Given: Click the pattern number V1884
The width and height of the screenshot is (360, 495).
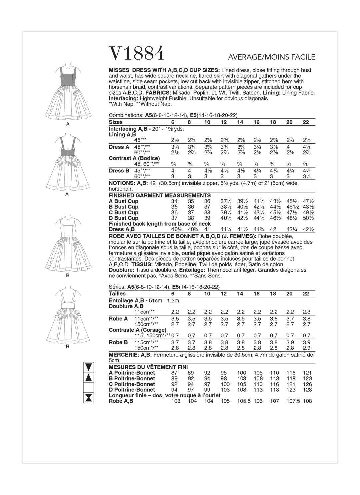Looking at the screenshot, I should click(x=137, y=53).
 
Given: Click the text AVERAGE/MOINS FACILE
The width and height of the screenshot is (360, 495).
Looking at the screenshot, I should click(x=271, y=57).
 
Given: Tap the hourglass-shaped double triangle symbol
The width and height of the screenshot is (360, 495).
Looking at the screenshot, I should click(x=89, y=397).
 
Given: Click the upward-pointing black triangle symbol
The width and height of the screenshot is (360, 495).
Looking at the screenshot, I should click(x=89, y=378).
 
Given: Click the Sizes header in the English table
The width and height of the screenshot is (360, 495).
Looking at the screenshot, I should click(x=116, y=122).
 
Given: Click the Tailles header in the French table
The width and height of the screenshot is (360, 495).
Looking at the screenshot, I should click(x=117, y=294).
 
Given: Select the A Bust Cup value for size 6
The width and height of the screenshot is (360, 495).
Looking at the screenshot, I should click(x=174, y=201).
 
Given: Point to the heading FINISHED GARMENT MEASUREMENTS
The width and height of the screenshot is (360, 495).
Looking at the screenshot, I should click(x=160, y=195).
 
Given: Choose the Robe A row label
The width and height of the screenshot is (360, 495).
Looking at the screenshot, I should click(x=118, y=319).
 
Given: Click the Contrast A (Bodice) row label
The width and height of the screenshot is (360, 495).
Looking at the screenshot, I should click(x=134, y=158).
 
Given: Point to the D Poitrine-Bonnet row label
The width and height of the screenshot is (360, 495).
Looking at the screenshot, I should click(x=132, y=390).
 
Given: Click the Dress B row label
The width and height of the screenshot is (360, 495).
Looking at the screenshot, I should click(x=119, y=171).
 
